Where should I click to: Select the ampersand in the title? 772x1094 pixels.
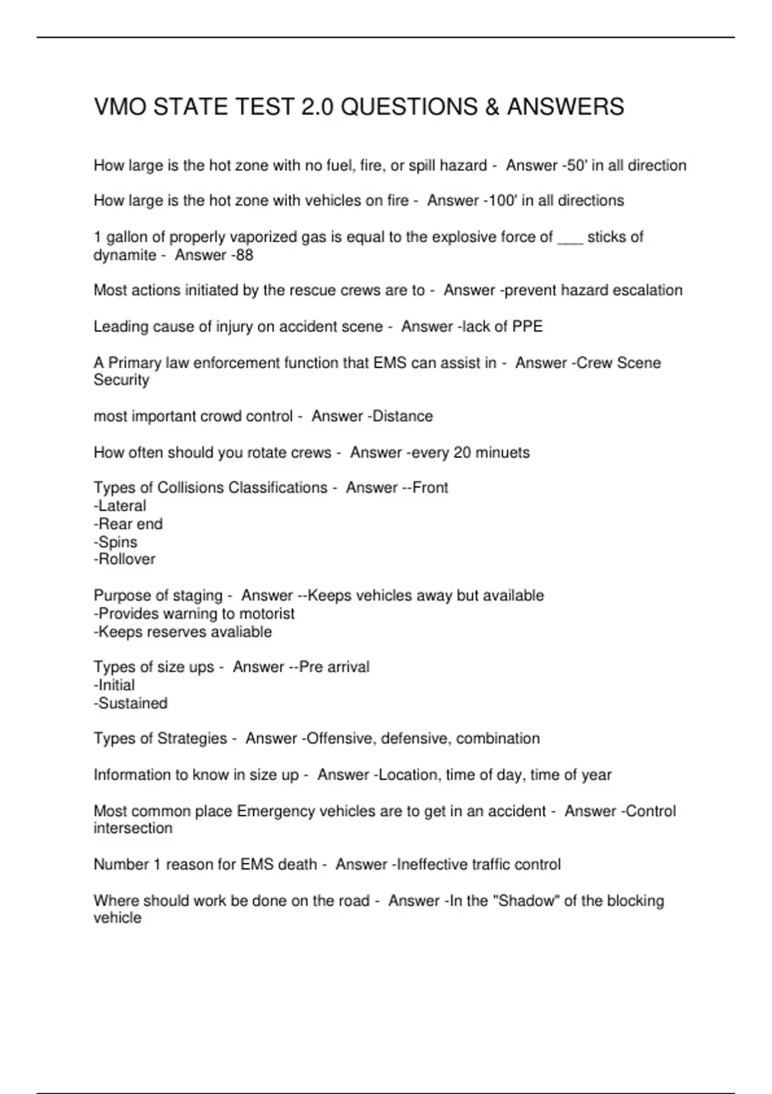(x=492, y=107)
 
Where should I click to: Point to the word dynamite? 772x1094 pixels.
(x=125, y=255)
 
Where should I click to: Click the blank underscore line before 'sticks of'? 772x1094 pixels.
(x=570, y=238)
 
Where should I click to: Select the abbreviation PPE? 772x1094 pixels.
(x=527, y=327)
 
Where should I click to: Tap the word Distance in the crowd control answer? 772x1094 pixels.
(x=403, y=416)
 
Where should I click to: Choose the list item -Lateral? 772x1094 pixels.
(x=120, y=506)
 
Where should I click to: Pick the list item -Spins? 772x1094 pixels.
(x=116, y=542)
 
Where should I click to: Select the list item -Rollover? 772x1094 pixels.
(x=125, y=559)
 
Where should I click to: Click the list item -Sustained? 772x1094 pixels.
(x=131, y=703)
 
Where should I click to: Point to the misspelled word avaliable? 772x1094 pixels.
(x=240, y=632)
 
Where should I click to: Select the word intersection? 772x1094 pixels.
(x=133, y=828)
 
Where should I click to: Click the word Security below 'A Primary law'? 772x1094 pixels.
(x=122, y=380)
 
